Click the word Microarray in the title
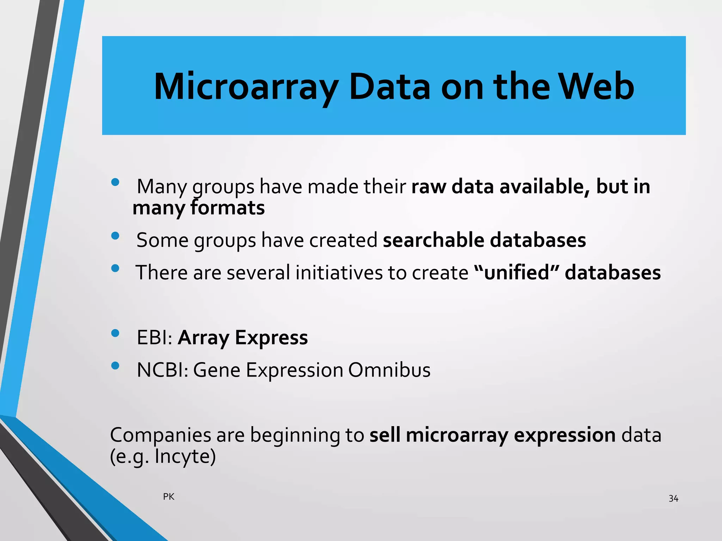pos(246,87)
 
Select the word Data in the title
pos(389,87)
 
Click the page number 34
pos(673,498)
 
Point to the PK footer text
pos(169,497)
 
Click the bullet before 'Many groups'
pos(115,182)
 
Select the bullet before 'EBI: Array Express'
pos(115,333)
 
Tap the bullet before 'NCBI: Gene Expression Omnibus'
pos(115,366)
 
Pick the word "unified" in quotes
pos(517,273)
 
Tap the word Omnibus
pos(389,370)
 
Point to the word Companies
pos(160,435)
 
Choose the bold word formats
pos(227,208)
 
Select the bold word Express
pos(271,337)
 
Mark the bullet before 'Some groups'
pos(115,236)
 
